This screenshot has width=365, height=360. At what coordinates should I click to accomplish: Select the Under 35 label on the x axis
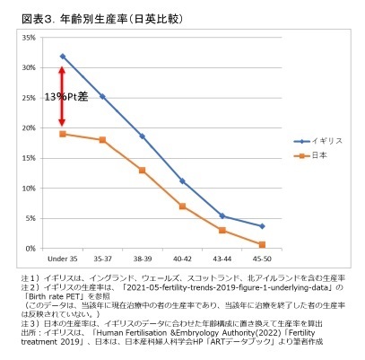[x=62, y=259]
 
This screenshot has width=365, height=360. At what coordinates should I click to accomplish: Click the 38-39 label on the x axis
[x=143, y=259]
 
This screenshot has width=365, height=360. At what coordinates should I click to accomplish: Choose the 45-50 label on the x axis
[x=262, y=259]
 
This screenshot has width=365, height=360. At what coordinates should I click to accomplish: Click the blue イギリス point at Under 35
[x=62, y=56]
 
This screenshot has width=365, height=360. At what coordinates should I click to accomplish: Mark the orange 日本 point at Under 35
[x=62, y=134]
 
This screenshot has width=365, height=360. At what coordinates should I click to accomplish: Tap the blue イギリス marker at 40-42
[x=182, y=180]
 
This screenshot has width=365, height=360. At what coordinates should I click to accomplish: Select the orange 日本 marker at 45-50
[x=262, y=244]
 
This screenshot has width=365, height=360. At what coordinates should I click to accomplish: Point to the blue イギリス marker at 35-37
[x=102, y=96]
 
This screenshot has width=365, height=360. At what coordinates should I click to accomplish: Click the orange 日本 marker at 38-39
[x=143, y=170]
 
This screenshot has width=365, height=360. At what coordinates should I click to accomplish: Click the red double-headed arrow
[x=62, y=95]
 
